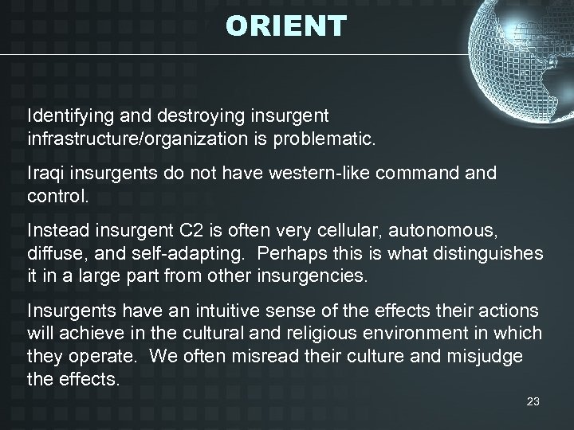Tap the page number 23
click(x=533, y=403)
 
